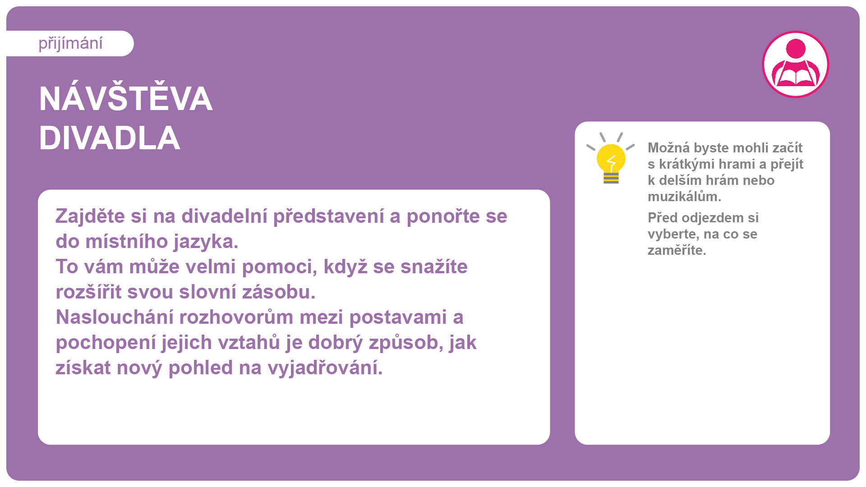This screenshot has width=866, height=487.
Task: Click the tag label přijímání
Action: point(70,44)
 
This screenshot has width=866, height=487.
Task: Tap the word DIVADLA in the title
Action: point(110,138)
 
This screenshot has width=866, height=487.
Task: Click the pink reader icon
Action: point(796,64)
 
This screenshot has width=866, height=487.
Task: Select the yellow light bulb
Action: point(611,158)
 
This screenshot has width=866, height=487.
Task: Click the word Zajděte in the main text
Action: point(90,216)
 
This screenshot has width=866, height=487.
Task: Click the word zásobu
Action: point(278,292)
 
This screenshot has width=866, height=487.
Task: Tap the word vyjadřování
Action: point(325,368)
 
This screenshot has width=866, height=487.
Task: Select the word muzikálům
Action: point(684,197)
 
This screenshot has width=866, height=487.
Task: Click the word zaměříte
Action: point(677,250)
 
